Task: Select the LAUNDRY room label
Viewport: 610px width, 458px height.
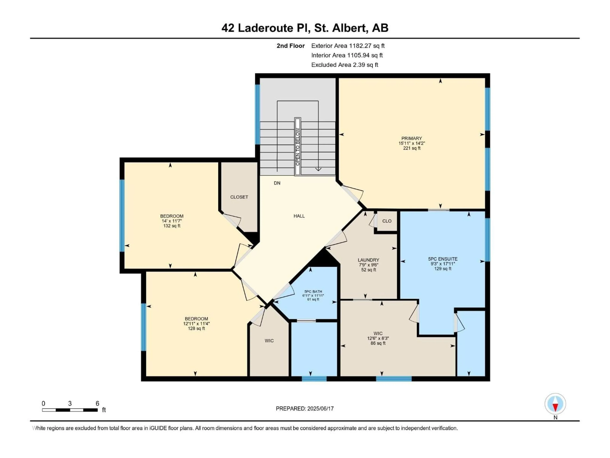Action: (368, 260)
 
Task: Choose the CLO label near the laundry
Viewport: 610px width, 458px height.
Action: (387, 221)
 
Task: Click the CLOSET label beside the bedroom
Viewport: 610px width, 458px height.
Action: (239, 197)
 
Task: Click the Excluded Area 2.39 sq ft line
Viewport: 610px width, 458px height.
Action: (345, 65)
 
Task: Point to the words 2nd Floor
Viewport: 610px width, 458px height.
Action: (291, 46)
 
